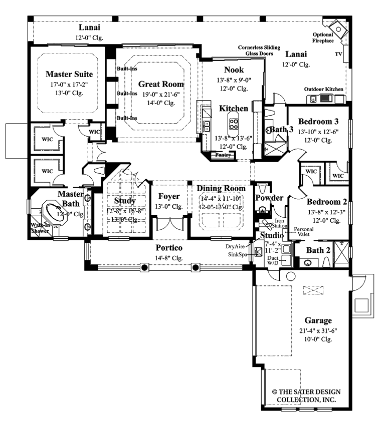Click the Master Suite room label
click(70, 74)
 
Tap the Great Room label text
click(161, 84)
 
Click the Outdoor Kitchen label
click(323, 89)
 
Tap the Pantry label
click(223, 155)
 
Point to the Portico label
click(168, 248)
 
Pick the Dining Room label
click(221, 188)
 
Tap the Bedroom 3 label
click(318, 121)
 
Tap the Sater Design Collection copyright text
click(304, 396)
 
